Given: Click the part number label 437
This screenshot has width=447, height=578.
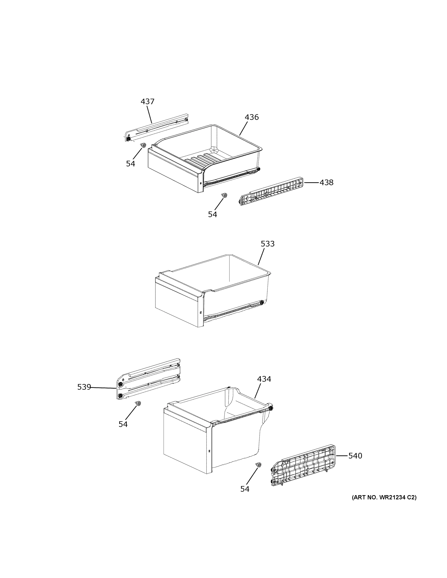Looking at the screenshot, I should (147, 101).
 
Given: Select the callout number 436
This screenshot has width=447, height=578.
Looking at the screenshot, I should (251, 117).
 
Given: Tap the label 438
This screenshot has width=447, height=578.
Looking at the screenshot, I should (326, 182).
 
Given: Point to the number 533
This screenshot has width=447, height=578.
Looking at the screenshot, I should (267, 244).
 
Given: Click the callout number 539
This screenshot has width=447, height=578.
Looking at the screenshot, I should (84, 387).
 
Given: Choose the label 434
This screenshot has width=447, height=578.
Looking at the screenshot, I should (264, 379).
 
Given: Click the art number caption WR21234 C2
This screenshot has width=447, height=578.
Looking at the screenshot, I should (384, 497).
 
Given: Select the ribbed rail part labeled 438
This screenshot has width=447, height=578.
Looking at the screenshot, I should (271, 191).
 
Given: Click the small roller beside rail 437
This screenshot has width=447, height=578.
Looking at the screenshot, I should (144, 145).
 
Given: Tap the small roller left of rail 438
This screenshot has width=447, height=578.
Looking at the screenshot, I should (225, 195).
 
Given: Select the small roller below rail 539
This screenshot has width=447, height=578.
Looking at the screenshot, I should (138, 403).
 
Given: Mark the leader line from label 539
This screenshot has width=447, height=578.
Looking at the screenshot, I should (103, 388).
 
